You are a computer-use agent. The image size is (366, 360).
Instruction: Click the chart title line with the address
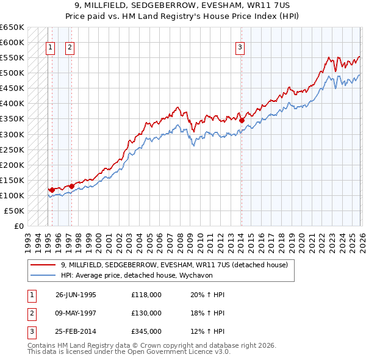(182, 5)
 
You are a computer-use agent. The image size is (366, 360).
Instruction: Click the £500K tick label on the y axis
(12, 73)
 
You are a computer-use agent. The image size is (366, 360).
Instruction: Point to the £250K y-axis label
(12, 149)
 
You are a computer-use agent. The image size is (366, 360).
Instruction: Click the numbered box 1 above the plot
(50, 48)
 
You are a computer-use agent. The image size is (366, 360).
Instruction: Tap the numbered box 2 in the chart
(70, 48)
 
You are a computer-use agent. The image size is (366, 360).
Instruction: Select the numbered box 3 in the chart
(240, 48)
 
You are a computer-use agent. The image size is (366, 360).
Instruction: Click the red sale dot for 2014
(242, 120)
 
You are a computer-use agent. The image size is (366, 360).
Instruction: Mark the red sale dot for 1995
(52, 190)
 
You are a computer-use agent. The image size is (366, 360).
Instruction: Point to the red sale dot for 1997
(71, 186)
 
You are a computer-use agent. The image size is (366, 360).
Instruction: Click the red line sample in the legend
(44, 265)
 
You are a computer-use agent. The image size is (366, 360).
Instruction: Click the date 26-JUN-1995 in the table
(76, 295)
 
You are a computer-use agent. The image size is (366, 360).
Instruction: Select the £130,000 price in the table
(146, 313)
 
